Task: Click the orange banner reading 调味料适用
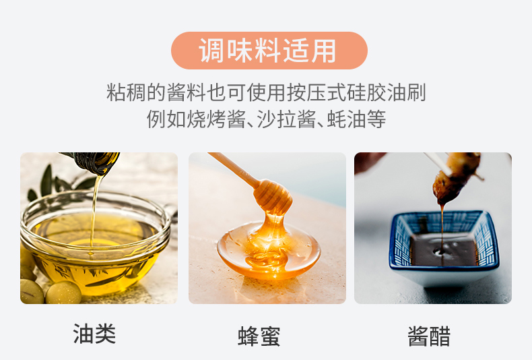(269, 51)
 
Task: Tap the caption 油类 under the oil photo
(94, 334)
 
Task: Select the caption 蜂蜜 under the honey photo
(259, 336)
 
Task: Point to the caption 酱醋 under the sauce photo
(429, 336)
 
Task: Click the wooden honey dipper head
(273, 196)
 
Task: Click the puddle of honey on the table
(269, 251)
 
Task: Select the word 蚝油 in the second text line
(346, 119)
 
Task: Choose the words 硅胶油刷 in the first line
(386, 92)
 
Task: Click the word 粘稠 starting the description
(126, 92)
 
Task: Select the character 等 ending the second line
(376, 119)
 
